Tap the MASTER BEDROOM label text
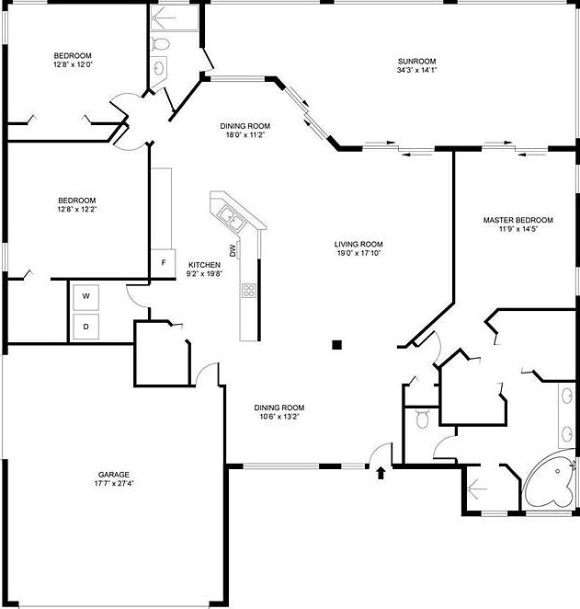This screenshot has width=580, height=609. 518,220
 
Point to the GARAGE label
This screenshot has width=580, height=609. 114,475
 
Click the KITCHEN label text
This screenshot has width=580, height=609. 204,264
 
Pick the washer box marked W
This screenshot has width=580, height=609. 85,296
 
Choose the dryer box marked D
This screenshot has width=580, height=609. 85,326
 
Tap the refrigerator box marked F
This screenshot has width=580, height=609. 164,263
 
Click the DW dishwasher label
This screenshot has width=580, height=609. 233,250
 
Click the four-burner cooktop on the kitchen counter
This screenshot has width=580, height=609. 248,291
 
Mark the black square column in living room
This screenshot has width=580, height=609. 337,345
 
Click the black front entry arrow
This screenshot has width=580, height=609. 381,472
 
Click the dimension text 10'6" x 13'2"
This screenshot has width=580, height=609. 279,417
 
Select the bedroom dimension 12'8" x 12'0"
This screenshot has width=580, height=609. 74,64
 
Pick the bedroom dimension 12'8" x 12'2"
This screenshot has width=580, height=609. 76,209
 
